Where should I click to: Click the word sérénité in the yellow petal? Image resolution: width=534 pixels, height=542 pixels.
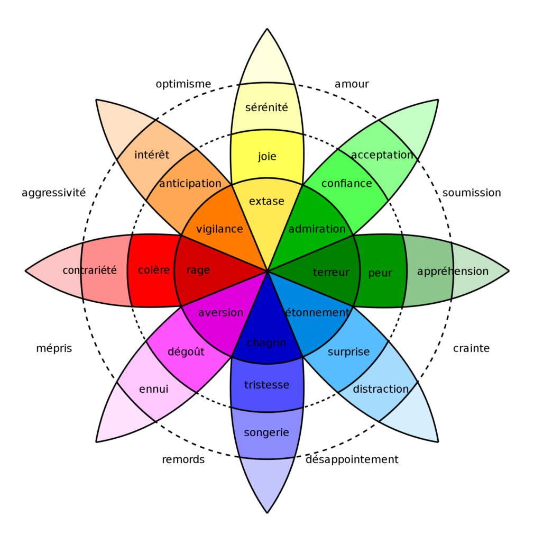click(x=267, y=107)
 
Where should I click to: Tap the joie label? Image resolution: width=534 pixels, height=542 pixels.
click(x=267, y=156)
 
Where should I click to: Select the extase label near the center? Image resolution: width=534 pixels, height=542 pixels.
click(x=266, y=201)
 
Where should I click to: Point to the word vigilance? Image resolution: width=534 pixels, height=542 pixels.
click(x=219, y=229)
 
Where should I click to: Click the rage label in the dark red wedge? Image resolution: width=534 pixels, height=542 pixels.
click(x=198, y=270)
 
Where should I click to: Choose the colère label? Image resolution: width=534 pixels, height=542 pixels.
click(x=154, y=270)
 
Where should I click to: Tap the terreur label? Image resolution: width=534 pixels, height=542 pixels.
click(x=331, y=273)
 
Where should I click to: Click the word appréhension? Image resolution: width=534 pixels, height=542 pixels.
click(x=453, y=272)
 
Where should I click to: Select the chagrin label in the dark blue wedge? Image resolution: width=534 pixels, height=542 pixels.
click(x=266, y=343)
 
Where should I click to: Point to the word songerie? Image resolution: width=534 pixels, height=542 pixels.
click(x=266, y=433)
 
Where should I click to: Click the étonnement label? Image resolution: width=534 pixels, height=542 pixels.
click(x=317, y=313)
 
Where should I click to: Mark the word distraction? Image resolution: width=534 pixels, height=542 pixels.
click(x=381, y=389)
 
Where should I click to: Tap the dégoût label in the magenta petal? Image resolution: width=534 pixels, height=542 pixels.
click(x=186, y=351)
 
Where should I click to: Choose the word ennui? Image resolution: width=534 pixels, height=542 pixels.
click(x=154, y=390)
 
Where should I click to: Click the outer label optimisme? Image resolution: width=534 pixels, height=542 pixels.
click(x=183, y=84)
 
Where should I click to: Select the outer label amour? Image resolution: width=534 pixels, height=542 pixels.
click(x=352, y=84)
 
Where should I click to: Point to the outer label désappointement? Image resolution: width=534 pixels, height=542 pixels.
click(x=352, y=459)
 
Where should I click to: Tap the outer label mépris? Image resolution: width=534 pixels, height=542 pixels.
click(x=54, y=349)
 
